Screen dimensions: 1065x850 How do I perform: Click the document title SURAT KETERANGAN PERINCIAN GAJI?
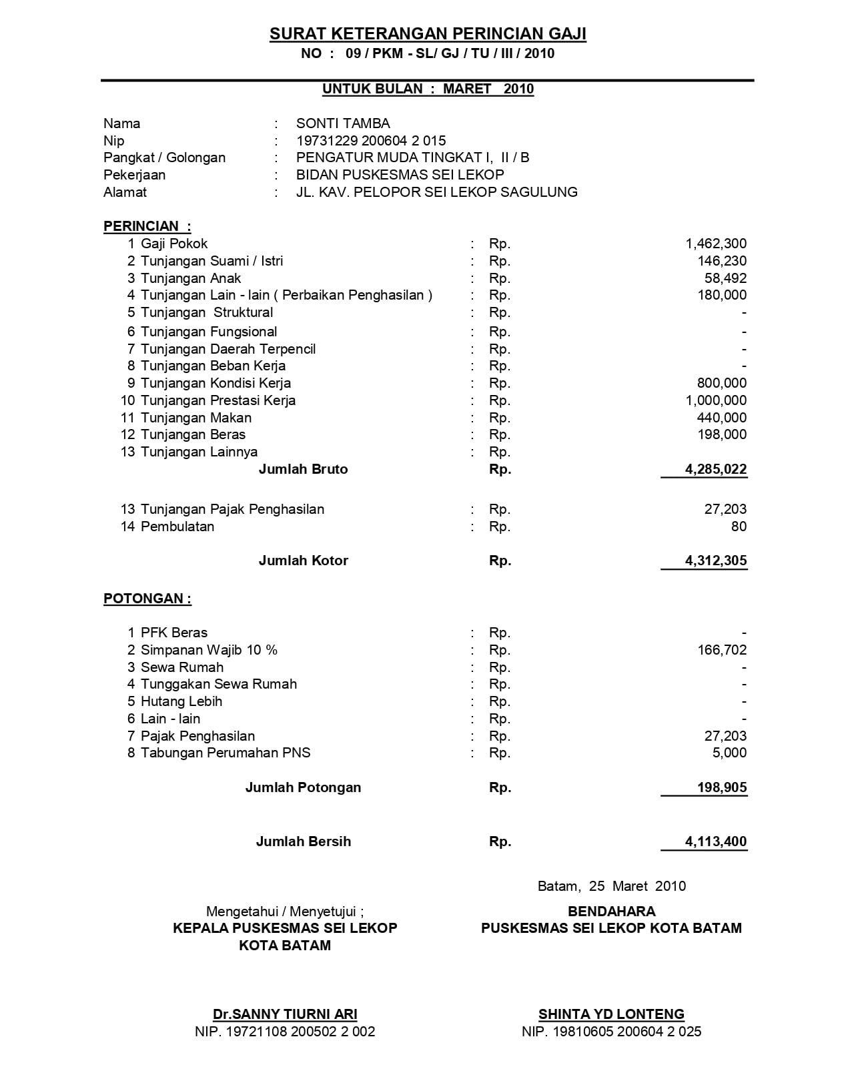pyautogui.click(x=428, y=34)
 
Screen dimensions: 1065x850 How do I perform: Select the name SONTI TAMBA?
pyautogui.click(x=343, y=123)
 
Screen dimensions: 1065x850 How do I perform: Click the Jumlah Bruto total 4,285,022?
pyautogui.click(x=715, y=469)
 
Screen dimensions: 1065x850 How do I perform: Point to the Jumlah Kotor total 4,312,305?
pyautogui.click(x=715, y=561)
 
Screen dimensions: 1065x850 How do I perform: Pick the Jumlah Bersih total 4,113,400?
pyautogui.click(x=715, y=841)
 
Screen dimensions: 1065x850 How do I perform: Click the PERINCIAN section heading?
pyautogui.click(x=147, y=226)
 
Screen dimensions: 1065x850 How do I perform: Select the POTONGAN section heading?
pyautogui.click(x=147, y=599)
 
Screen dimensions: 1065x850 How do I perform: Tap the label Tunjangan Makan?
pyautogui.click(x=196, y=418)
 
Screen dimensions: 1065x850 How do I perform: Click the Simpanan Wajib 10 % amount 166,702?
pyautogui.click(x=722, y=650)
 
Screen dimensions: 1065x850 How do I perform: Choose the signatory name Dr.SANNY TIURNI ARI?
pyautogui.click(x=285, y=1014)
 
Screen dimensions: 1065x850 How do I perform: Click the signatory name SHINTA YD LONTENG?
pyautogui.click(x=611, y=1014)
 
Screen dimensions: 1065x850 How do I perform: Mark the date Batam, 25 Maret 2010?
pyautogui.click(x=611, y=886)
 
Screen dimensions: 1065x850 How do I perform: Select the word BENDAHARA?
pyautogui.click(x=611, y=912)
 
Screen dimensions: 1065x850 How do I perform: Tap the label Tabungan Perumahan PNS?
pyautogui.click(x=226, y=753)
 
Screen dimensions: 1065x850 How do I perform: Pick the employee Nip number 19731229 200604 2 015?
pyautogui.click(x=371, y=141)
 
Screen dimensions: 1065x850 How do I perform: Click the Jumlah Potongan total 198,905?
pyautogui.click(x=722, y=787)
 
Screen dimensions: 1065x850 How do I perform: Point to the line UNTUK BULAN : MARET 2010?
pyautogui.click(x=428, y=89)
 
